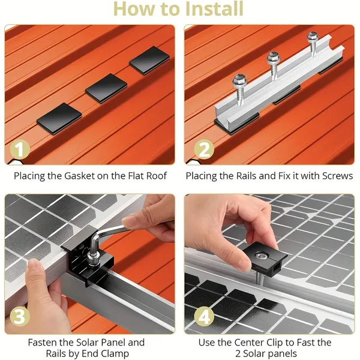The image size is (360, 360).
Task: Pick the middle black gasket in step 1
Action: click(106, 88)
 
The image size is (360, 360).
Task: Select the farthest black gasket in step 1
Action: click(148, 61)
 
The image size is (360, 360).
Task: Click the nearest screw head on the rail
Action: click(238, 80)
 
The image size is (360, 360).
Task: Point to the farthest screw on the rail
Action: click(312, 38)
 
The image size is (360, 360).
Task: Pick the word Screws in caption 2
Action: click(329, 176)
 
